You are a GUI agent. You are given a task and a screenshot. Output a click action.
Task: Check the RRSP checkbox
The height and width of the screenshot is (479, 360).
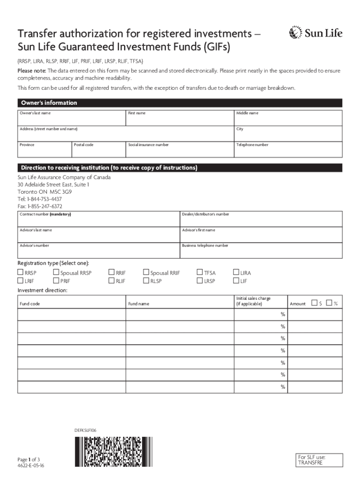tap(21, 273)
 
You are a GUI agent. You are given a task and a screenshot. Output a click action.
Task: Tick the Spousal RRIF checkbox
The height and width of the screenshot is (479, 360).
tap(146, 273)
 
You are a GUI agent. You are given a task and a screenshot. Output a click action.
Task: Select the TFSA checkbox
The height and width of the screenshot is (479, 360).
tap(200, 273)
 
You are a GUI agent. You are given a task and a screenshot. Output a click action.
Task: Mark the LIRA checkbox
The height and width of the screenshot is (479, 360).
tap(236, 273)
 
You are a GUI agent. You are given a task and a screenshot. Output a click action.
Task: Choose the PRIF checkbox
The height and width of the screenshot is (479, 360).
tap(56, 281)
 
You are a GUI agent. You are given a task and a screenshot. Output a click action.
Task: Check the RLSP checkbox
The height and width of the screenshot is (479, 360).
tap(146, 281)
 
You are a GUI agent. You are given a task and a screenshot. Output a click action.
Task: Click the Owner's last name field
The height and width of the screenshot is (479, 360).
tap(72, 120)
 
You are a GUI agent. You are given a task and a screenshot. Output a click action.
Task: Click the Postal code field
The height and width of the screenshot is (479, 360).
tap(98, 151)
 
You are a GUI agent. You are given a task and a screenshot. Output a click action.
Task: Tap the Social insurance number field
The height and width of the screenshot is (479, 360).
tap(180, 151)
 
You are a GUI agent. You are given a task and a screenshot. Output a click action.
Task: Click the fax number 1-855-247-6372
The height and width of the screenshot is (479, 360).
tap(40, 206)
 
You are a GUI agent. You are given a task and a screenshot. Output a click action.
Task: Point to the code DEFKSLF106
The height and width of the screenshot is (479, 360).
tap(85, 429)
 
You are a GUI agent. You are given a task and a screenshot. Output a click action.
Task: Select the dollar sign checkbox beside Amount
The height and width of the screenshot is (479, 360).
tap(314, 303)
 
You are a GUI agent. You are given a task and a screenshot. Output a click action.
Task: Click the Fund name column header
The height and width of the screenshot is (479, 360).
tap(139, 304)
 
